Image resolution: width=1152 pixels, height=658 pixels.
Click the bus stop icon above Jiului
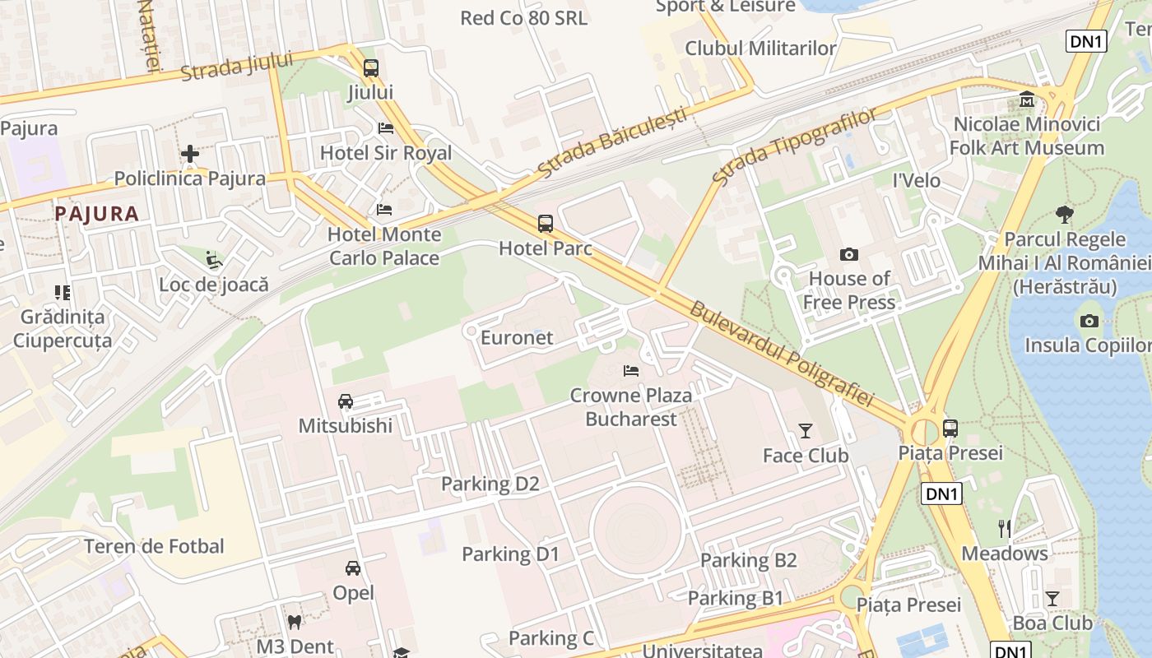(x=371, y=68)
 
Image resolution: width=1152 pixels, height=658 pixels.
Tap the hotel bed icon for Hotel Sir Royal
(x=385, y=128)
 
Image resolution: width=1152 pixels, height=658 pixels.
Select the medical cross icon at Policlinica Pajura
(x=190, y=154)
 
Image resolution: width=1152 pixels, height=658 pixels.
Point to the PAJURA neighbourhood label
(x=97, y=214)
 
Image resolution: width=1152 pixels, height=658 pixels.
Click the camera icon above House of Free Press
(x=848, y=255)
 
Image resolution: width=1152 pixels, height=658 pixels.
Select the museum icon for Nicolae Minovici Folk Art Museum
(x=1027, y=100)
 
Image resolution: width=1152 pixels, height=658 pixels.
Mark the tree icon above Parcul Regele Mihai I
(x=1064, y=215)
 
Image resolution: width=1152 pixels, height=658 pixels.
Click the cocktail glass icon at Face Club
(x=805, y=431)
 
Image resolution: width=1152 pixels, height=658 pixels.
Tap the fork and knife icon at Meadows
(x=1005, y=529)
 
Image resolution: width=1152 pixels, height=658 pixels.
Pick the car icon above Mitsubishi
(x=346, y=401)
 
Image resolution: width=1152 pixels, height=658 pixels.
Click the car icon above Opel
(x=353, y=568)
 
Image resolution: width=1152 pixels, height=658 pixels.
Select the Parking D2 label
(x=490, y=484)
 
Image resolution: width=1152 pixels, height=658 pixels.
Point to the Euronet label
(x=517, y=337)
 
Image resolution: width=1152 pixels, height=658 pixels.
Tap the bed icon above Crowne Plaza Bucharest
(x=631, y=371)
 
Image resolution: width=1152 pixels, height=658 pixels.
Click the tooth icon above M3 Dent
(x=294, y=623)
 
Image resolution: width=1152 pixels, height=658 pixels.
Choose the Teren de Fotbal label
(x=154, y=546)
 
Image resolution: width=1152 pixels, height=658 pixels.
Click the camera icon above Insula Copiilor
(x=1089, y=321)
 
